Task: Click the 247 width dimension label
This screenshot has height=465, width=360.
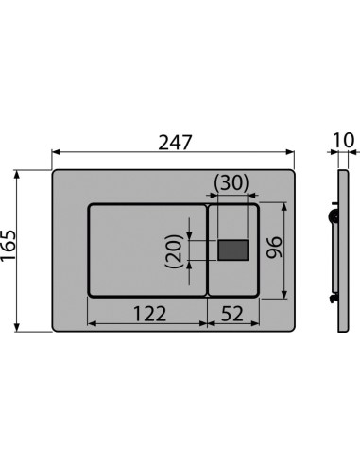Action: coord(175,143)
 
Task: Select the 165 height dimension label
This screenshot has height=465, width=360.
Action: coord(9,245)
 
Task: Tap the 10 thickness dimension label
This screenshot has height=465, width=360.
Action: coord(344,140)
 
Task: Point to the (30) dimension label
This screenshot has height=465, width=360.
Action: coord(231,182)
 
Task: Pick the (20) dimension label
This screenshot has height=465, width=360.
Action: coord(174,251)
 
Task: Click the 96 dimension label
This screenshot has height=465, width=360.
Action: coord(273,247)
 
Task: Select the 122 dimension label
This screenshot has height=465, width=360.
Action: coord(149,314)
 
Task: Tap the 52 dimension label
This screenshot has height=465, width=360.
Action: coord(231,314)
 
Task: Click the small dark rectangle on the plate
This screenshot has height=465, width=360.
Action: coord(233,250)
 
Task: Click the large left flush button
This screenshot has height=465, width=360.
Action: coord(147,250)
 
